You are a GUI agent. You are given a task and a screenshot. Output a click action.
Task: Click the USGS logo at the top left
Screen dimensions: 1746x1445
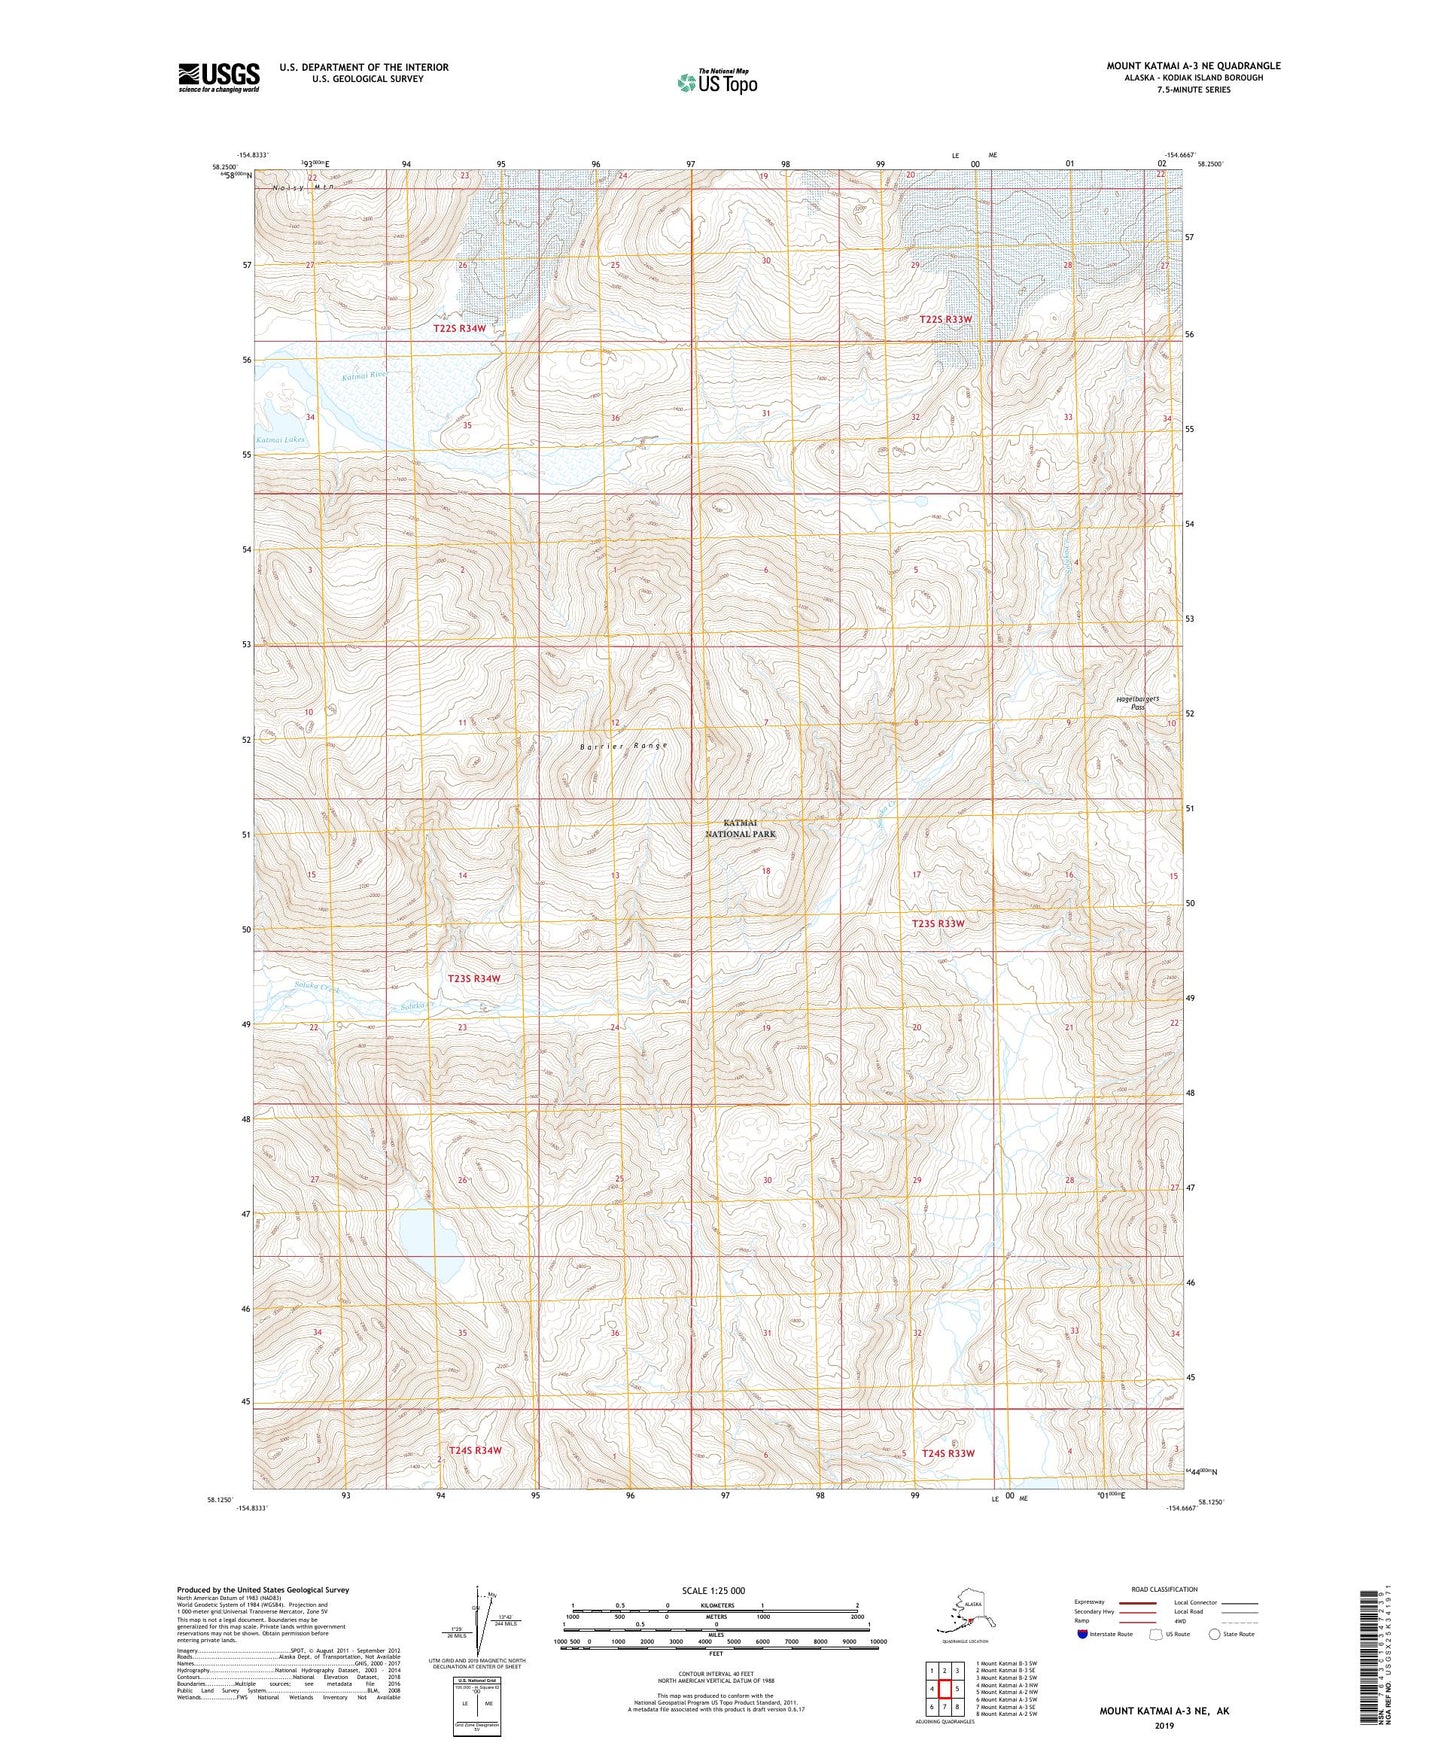point(218,77)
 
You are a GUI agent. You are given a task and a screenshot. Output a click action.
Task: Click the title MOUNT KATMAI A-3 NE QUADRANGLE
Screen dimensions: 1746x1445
point(1192,66)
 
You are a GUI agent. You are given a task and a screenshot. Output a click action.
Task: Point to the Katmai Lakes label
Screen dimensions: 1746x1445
point(279,440)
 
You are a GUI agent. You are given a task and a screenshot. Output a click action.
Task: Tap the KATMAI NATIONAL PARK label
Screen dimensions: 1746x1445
point(740,828)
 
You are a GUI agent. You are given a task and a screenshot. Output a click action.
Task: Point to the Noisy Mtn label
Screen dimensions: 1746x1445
point(304,187)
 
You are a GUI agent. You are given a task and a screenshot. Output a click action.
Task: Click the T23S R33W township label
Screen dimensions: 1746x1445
point(938,924)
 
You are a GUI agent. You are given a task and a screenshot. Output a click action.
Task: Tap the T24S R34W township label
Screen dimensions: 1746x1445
point(474,1450)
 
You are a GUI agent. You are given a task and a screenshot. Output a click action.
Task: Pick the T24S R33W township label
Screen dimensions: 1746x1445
point(947,1453)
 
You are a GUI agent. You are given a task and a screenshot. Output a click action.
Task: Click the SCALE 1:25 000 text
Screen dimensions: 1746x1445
point(714,1590)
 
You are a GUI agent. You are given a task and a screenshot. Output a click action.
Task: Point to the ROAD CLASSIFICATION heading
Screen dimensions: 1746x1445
point(1164,1589)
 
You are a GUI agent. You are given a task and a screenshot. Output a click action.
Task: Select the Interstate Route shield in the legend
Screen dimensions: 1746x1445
point(1083,1635)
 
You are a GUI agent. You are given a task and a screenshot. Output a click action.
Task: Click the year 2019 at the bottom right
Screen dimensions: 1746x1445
point(1164,1725)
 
